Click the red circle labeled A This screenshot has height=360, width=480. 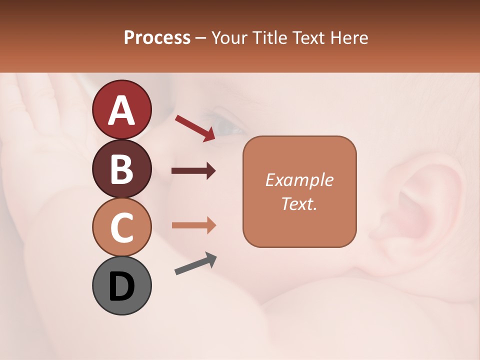point(121,109)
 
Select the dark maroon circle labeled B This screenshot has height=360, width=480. point(121,168)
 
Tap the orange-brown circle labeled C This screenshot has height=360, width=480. point(121,227)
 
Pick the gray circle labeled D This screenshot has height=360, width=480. point(121,285)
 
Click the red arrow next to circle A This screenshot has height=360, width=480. point(195,127)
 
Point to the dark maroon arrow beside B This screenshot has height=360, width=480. point(193,171)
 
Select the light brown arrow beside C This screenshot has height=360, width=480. point(193,225)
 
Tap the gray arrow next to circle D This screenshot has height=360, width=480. point(195,264)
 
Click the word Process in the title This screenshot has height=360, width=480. point(157,38)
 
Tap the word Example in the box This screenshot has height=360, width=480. point(299,180)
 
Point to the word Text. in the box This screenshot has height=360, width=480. point(299,203)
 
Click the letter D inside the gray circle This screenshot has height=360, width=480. point(121,286)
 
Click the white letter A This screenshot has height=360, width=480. point(121,110)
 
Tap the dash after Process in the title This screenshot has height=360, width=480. point(201,38)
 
